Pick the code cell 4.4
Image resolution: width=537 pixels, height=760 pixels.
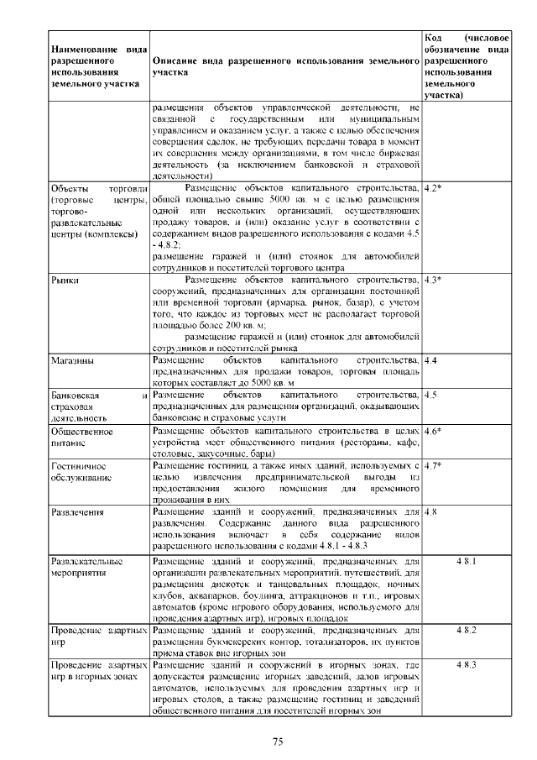coord(431,360)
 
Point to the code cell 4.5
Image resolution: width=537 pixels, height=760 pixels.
coord(431,394)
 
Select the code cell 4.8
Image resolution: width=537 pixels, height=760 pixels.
coord(431,511)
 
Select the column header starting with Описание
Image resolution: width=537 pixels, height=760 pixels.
coord(285,67)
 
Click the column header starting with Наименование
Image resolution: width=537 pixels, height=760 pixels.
coord(95,67)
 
